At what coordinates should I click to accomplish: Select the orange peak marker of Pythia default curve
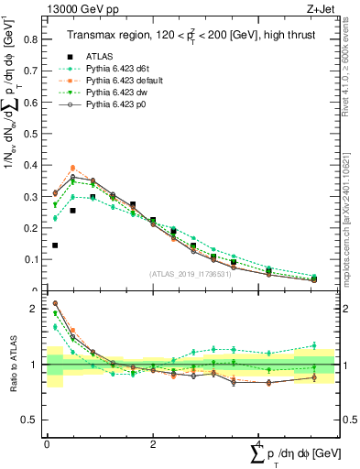tap(73, 169)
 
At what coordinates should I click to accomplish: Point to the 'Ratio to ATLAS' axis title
tap(12, 376)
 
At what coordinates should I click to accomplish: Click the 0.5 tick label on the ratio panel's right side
tap(349, 420)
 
